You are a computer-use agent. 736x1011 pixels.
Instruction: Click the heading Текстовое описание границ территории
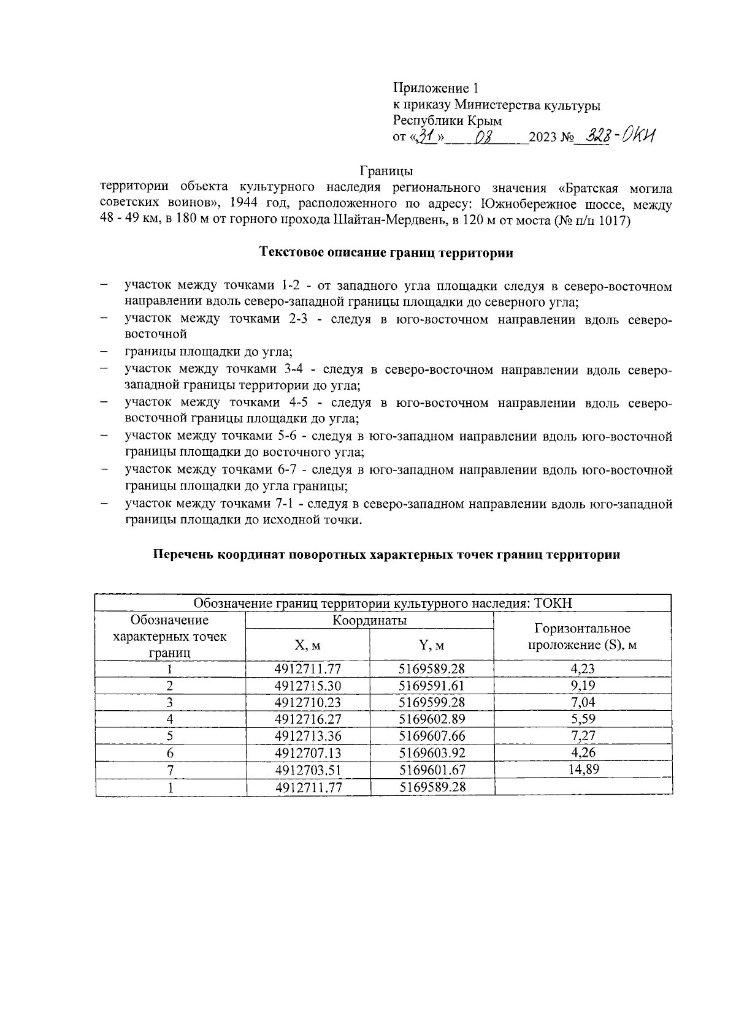click(386, 252)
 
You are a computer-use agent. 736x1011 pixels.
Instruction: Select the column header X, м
click(308, 646)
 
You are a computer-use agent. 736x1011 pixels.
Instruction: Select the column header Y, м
click(432, 646)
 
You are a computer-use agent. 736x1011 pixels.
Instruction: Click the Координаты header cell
click(369, 621)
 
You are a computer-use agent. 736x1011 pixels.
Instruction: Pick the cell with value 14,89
click(583, 770)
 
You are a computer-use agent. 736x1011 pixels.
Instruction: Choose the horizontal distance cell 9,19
click(583, 685)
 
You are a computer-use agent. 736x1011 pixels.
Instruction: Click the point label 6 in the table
click(171, 753)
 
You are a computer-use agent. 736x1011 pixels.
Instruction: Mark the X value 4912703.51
click(308, 770)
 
